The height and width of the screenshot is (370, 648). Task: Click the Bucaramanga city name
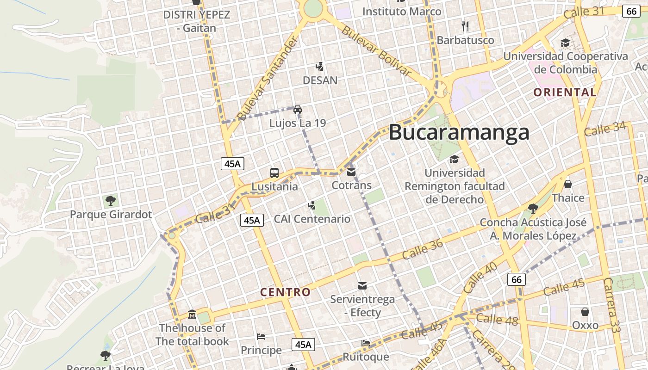point(459,132)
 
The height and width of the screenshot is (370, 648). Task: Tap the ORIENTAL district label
point(565,92)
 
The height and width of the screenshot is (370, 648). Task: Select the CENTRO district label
point(285,292)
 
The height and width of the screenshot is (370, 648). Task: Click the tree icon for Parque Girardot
point(110,201)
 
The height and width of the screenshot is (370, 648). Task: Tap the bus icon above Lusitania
point(274,173)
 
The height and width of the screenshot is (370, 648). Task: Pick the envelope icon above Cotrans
point(351,172)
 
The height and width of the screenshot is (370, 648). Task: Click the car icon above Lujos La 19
point(298,110)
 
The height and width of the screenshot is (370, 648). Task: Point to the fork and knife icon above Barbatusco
point(465,26)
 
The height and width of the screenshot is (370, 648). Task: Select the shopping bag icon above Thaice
point(568,184)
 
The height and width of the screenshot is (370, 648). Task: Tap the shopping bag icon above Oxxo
point(585,312)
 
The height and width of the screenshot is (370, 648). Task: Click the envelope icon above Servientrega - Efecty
point(362,286)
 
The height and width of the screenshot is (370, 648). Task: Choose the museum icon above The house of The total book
point(192,315)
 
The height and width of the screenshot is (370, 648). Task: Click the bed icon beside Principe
point(261,337)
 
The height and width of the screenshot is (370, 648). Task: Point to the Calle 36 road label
point(423,248)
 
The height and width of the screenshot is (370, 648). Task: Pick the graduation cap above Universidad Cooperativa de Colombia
point(565,43)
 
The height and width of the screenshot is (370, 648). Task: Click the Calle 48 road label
point(497,319)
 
